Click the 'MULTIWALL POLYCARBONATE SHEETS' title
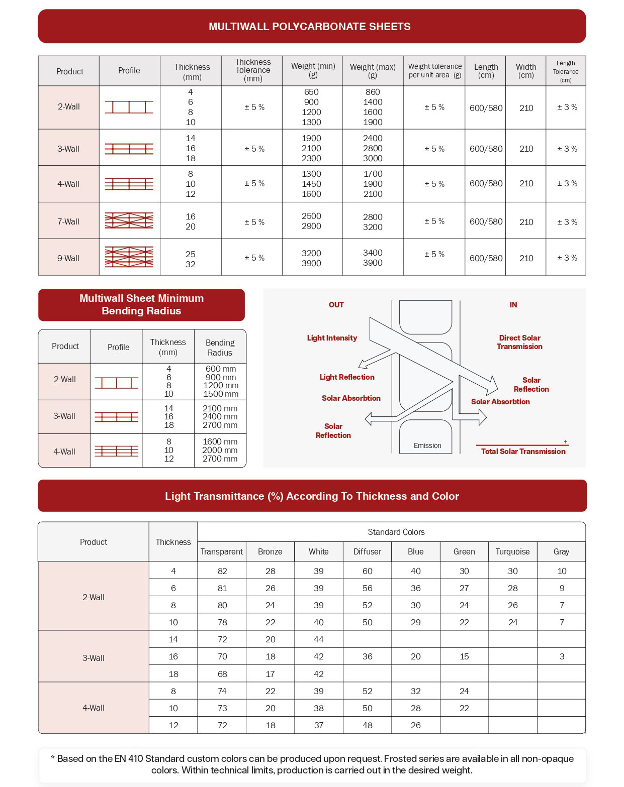(x=310, y=27)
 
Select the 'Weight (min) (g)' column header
(x=313, y=70)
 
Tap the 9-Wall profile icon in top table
(x=129, y=257)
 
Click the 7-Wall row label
(x=68, y=221)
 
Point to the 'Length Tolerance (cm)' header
(x=566, y=71)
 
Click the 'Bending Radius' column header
(x=220, y=348)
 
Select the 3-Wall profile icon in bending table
(x=116, y=416)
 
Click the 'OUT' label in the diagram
(x=336, y=305)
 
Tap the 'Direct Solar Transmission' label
(x=519, y=342)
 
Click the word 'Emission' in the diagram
(x=427, y=445)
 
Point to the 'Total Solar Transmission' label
(x=523, y=452)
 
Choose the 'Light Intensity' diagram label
(x=332, y=338)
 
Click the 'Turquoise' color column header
(x=512, y=551)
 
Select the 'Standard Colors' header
(x=396, y=532)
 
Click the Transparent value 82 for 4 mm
(x=222, y=571)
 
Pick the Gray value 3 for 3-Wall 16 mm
(x=562, y=656)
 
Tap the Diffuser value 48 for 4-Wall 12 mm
(x=367, y=725)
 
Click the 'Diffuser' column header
(x=367, y=551)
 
